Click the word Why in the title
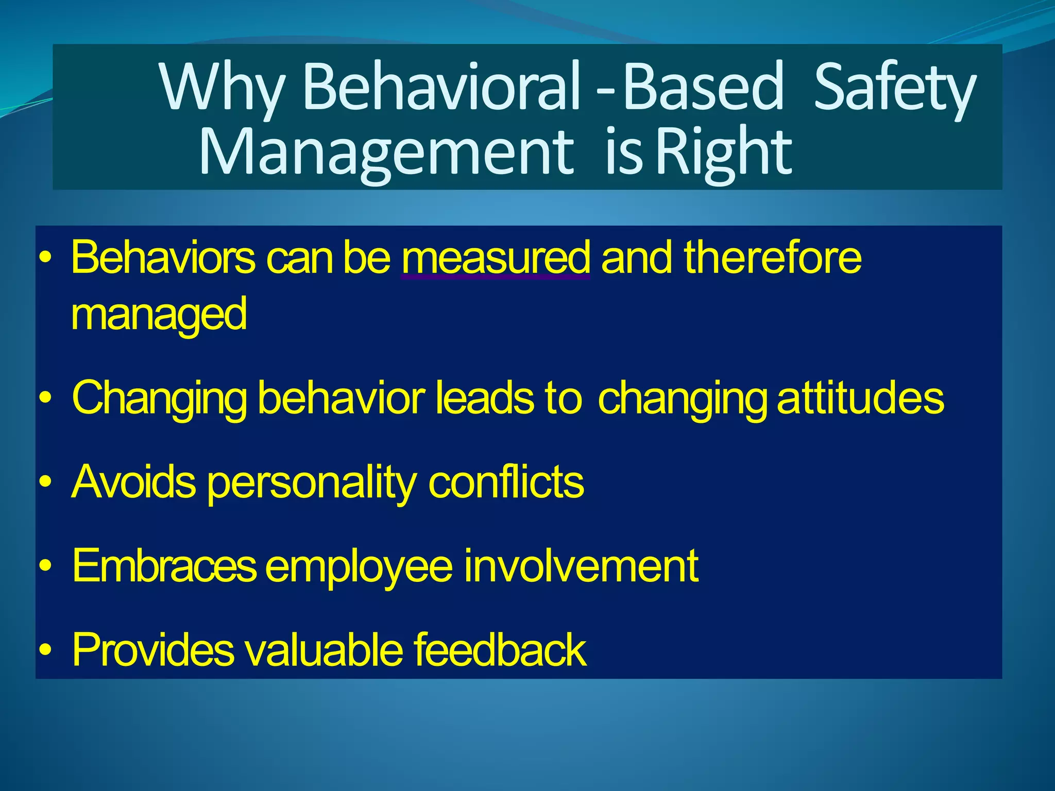tap(222, 88)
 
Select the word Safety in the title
tap(894, 88)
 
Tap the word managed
tap(159, 315)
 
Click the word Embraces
tap(164, 566)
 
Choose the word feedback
tap(500, 650)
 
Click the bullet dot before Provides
tap(46, 650)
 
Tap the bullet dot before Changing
tap(46, 399)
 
